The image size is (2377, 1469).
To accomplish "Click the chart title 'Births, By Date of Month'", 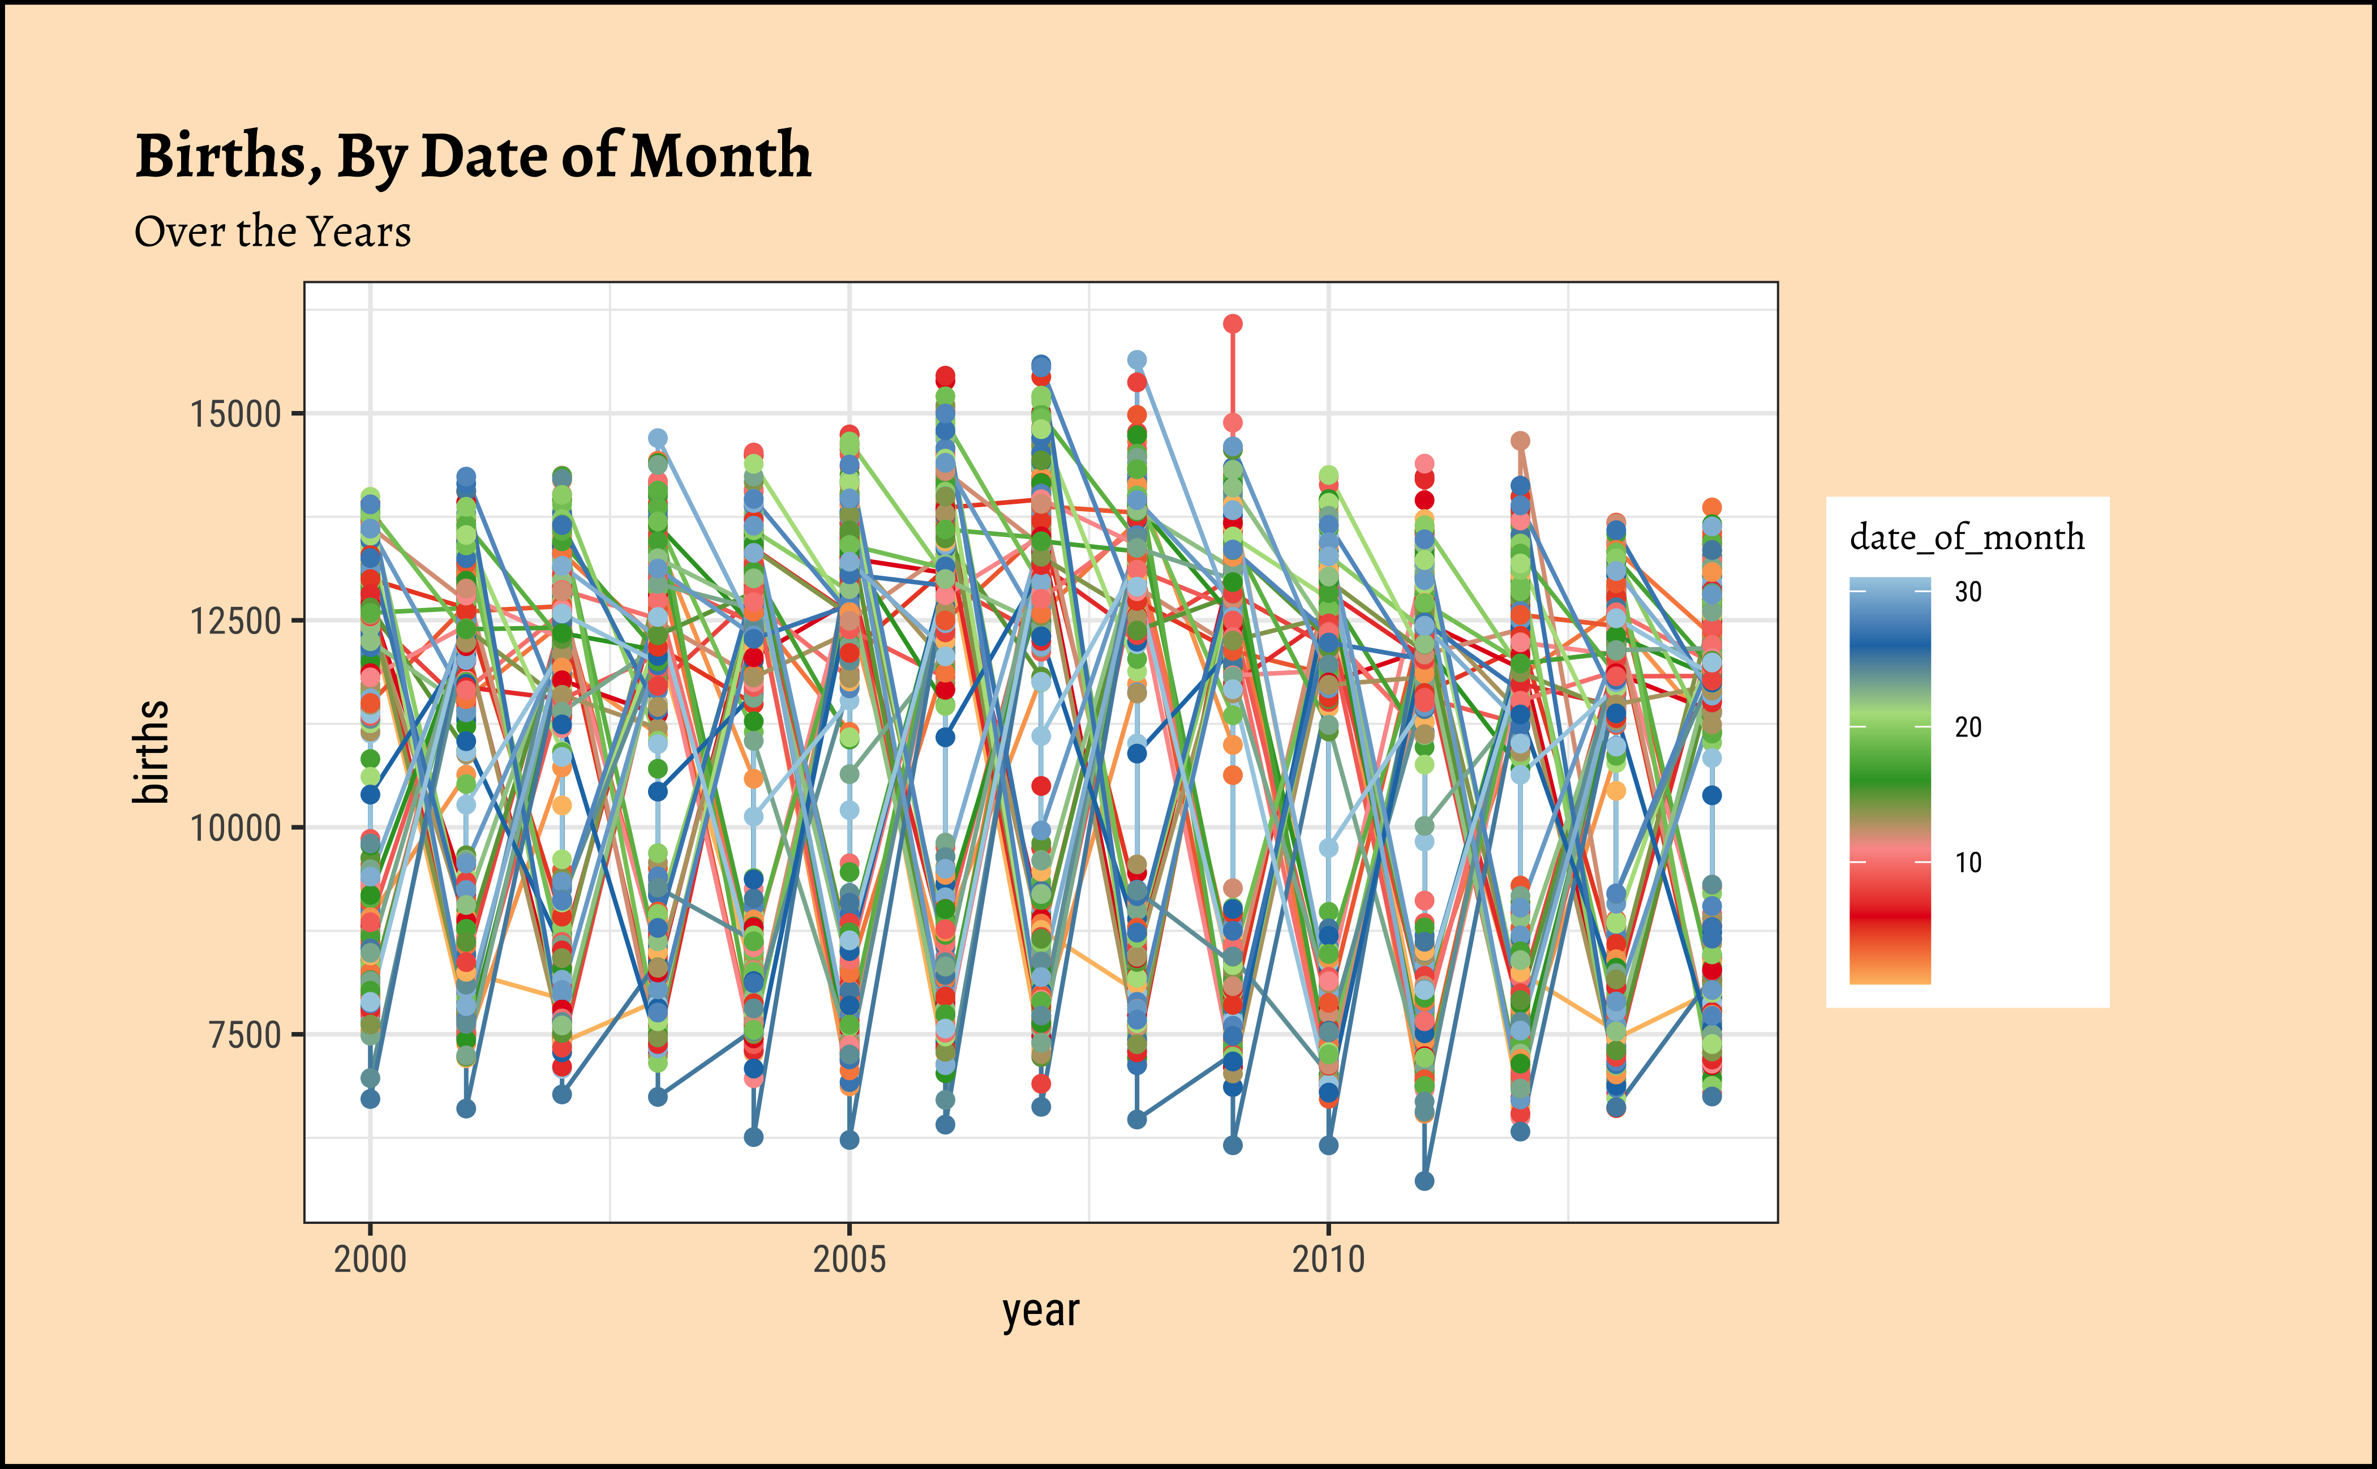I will coord(473,156).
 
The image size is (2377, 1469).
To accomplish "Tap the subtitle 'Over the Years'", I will coord(272,232).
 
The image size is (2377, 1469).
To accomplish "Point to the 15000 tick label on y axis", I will coord(235,414).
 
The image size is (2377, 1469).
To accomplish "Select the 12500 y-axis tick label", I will coord(235,621).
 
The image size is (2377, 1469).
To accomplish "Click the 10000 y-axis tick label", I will coord(235,828).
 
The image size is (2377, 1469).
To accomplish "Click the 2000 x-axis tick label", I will coord(370,1260).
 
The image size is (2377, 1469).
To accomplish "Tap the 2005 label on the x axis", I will coord(850,1260).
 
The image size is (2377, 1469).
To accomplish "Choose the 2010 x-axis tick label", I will coord(1329,1260).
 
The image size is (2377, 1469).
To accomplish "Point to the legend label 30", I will coord(1968,592).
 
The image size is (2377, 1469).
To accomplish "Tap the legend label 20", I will coord(1968,727).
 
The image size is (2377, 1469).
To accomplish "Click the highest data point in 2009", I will coord(1233,324).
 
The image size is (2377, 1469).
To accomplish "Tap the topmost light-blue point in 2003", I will coord(658,438).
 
